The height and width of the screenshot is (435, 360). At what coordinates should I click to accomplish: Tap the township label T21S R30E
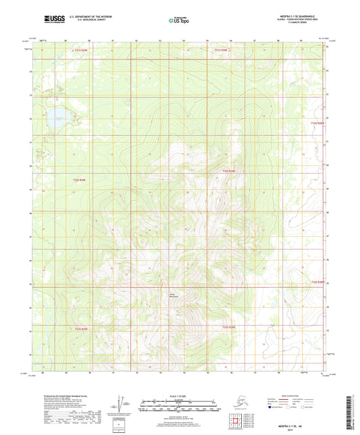pyautogui.click(x=222, y=50)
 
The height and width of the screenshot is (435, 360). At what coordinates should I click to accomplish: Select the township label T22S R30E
pyautogui.click(x=229, y=172)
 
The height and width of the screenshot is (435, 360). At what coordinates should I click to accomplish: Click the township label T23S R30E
pyautogui.click(x=229, y=327)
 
